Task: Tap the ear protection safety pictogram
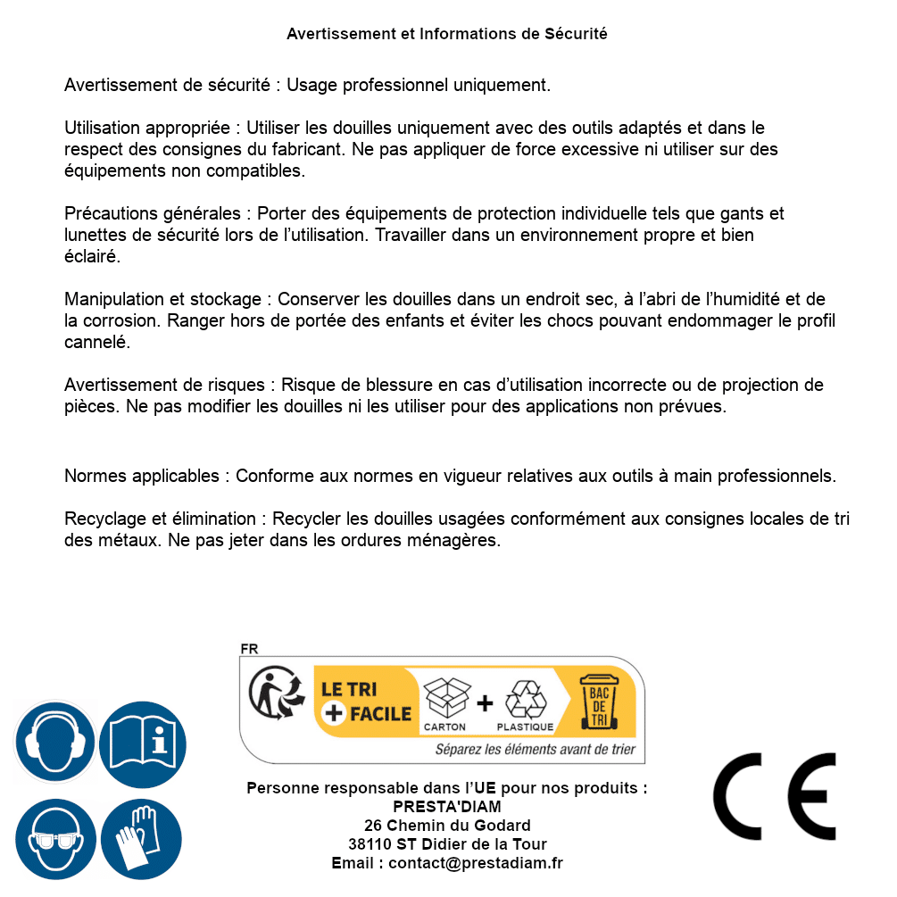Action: [x=54, y=743]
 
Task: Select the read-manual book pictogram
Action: [x=142, y=743]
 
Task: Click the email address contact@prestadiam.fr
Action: [x=476, y=863]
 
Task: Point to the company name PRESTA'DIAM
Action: [x=447, y=807]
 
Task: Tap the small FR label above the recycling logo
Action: [x=249, y=649]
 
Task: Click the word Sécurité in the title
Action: [x=576, y=34]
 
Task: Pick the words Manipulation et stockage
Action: [x=162, y=299]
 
